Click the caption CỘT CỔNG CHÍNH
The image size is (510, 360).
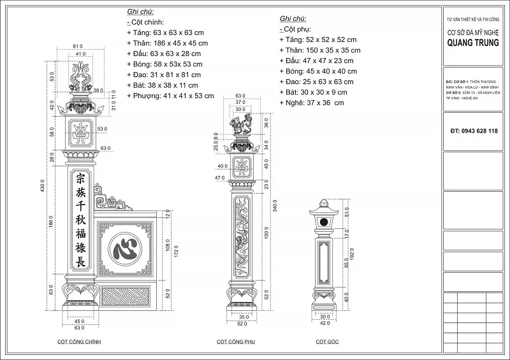(x=78, y=342)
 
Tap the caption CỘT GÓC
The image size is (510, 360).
(x=327, y=342)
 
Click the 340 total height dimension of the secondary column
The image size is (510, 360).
(x=275, y=207)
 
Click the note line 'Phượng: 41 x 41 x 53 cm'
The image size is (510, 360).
(x=170, y=96)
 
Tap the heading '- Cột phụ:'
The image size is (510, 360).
(x=295, y=29)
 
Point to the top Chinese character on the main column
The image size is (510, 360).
(x=80, y=178)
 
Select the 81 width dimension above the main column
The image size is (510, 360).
(x=78, y=47)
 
